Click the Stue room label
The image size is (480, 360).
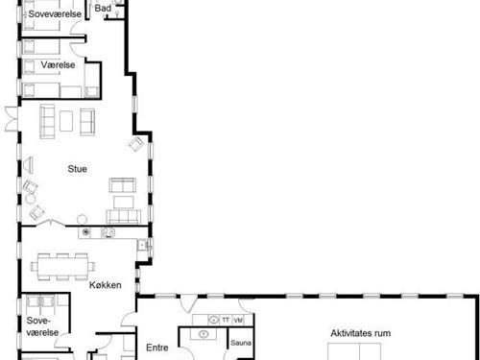tap(77, 169)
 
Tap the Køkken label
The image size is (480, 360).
tap(106, 285)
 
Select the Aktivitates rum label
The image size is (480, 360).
tap(361, 333)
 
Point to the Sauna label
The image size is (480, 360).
tap(241, 343)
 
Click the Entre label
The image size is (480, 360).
tap(157, 348)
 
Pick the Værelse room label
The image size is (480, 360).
tap(58, 65)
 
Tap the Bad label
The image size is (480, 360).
tap(103, 8)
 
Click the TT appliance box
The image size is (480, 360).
tap(226, 320)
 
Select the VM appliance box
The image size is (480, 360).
tap(238, 320)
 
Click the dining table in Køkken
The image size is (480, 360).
tap(62, 267)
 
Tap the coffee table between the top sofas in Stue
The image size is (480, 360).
tap(66, 121)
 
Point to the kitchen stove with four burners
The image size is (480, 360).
tap(108, 232)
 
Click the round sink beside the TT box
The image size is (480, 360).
tap(213, 320)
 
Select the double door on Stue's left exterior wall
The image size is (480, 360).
tap(12, 119)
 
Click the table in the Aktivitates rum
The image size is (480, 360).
tap(354, 351)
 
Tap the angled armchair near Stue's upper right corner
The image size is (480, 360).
tap(136, 144)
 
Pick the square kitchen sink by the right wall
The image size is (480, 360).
tap(142, 245)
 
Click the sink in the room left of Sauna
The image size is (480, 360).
tap(204, 334)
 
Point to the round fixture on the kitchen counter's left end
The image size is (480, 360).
tap(85, 232)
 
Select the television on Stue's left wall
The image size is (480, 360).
tap(28, 165)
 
